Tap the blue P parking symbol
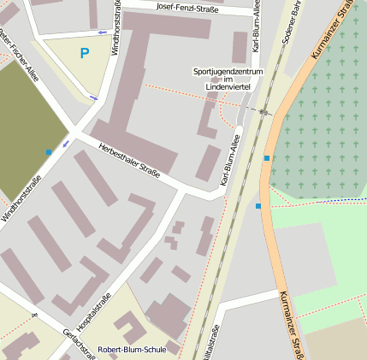click(x=84, y=53)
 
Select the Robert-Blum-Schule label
click(x=132, y=350)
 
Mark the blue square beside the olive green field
click(x=49, y=152)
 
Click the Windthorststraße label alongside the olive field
click(x=22, y=198)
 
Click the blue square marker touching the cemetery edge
click(x=268, y=158)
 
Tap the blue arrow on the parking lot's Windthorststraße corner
click(x=93, y=97)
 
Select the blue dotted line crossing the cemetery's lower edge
click(x=342, y=200)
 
